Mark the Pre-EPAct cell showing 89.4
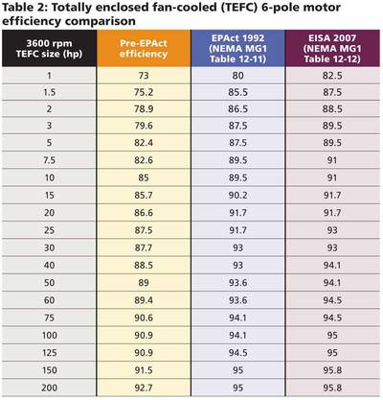(144, 299)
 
